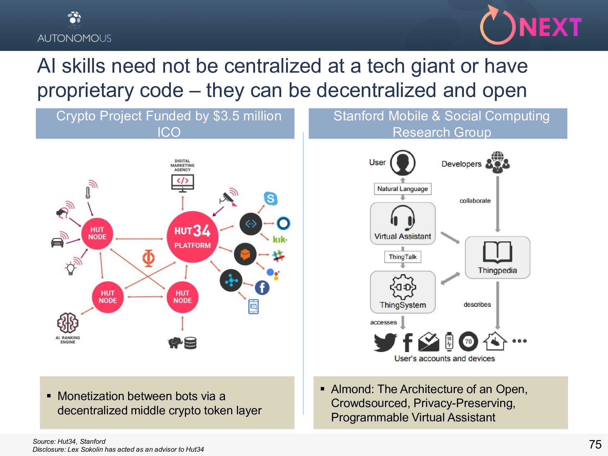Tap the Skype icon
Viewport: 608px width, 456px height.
[271, 199]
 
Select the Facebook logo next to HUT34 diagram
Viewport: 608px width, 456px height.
[262, 288]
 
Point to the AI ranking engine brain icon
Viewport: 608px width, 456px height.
[68, 323]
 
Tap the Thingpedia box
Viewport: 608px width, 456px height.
[497, 257]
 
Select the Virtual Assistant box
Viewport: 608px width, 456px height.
[402, 223]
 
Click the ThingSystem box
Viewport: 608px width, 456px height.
[402, 292]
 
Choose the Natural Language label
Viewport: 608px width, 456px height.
[402, 189]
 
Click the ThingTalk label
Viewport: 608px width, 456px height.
[402, 257]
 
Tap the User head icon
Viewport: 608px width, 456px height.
[402, 163]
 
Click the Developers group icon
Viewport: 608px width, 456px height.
[498, 163]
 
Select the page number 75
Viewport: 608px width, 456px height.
[595, 444]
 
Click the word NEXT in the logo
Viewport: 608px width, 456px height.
[550, 27]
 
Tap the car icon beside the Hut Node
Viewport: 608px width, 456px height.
[57, 242]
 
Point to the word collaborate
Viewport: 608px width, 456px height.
[475, 201]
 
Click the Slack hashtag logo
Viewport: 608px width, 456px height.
[278, 256]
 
